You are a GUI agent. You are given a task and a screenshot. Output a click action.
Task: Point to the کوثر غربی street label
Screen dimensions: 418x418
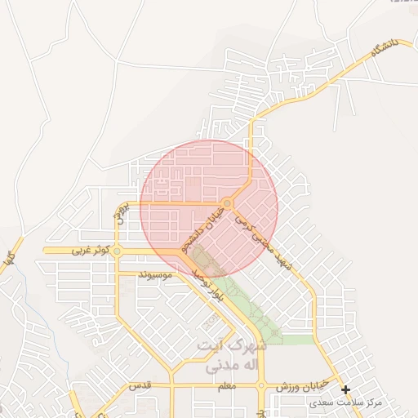[89, 251]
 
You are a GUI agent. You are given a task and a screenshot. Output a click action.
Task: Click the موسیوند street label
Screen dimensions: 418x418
[155, 275]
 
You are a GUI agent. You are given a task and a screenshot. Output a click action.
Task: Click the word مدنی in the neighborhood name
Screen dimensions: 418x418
[211, 366]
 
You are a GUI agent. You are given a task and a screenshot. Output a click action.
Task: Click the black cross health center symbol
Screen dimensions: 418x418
[346, 390]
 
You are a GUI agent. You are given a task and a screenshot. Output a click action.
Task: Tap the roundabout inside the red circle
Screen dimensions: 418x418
[228, 203]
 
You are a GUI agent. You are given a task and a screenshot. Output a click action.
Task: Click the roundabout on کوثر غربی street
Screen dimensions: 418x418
[118, 251]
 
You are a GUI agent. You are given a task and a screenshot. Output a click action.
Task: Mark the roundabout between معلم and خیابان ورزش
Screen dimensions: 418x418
[261, 385]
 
